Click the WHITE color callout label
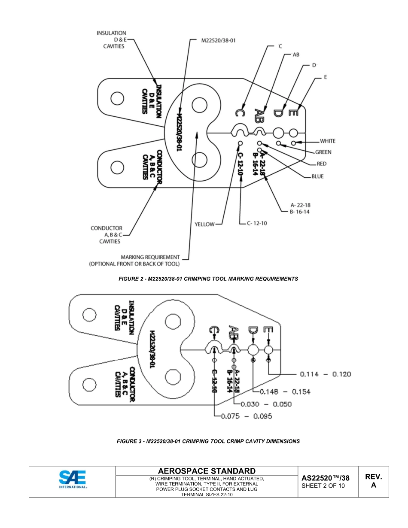[327, 141]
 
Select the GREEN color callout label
[323, 152]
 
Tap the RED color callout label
[321, 164]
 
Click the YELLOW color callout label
[204, 224]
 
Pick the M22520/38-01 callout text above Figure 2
[218, 40]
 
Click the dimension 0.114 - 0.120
[325, 374]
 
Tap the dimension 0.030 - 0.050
[266, 404]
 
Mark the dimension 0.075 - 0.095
[246, 416]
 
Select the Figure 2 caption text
[208, 279]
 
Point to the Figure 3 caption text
[208, 441]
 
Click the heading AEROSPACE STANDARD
[207, 471]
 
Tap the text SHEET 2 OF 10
[323, 486]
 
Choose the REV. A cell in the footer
[373, 481]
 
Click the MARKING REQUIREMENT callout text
[134, 261]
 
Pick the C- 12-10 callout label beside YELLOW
[257, 223]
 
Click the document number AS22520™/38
[325, 478]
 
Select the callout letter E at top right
[326, 77]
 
